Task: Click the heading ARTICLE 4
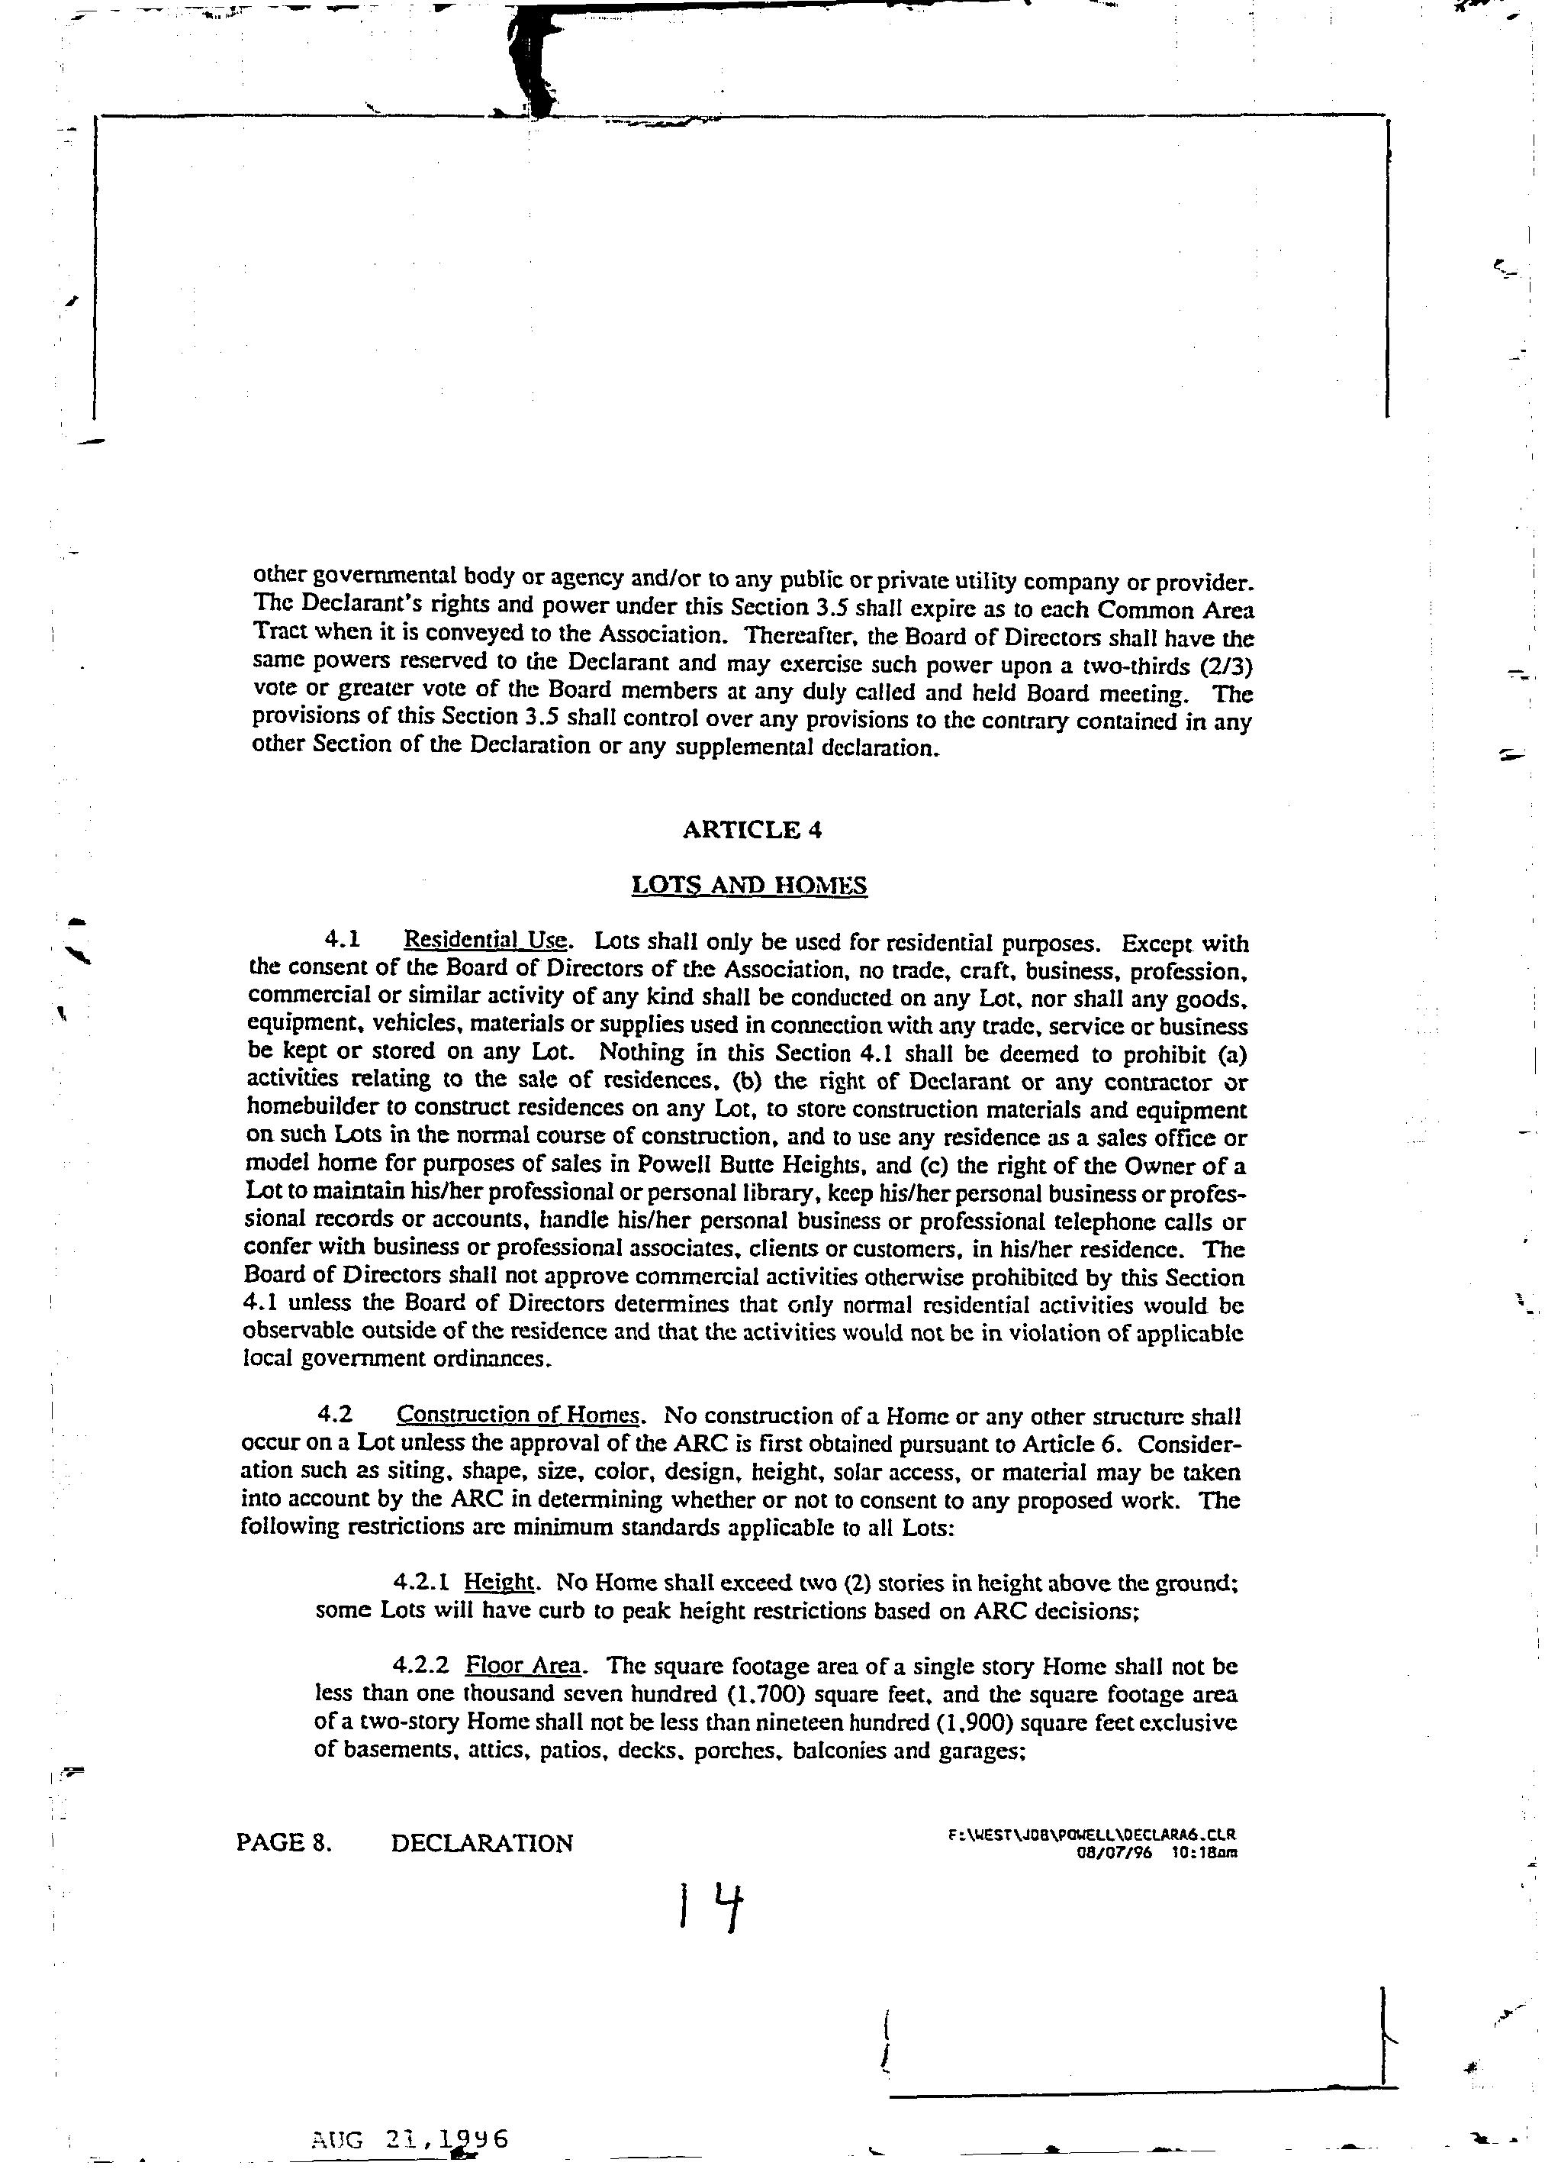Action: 752,830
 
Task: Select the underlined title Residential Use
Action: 487,941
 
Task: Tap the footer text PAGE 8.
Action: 284,1844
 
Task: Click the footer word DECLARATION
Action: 481,1844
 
